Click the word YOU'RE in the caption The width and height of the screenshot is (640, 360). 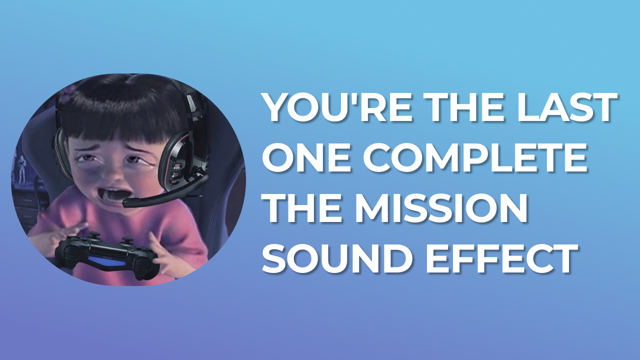pos(338,107)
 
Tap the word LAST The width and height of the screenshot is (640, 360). pos(567,107)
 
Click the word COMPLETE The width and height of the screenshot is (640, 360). pos(475,157)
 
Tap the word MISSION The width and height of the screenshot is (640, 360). pos(441,208)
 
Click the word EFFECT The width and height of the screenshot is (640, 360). pos(502,258)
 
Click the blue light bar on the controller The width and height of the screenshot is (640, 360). pos(106,261)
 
